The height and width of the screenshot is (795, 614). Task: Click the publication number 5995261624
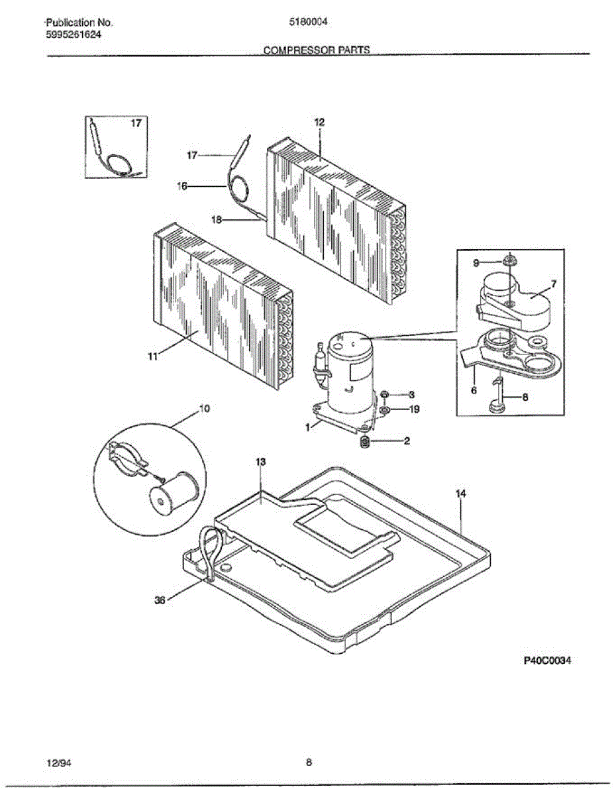point(74,34)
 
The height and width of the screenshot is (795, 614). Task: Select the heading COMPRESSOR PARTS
point(317,50)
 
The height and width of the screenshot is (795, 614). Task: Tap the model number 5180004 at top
point(309,21)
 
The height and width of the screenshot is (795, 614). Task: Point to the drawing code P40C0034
point(547,661)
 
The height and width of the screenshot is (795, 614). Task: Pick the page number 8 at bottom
point(309,763)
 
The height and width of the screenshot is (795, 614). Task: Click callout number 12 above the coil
point(319,122)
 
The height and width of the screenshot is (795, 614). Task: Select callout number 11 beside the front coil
point(152,356)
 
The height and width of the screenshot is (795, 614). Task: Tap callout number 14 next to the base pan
point(460,494)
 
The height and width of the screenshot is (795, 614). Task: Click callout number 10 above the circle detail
point(205,409)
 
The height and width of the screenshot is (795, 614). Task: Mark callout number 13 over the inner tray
point(261,461)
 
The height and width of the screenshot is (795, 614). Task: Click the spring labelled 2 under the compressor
point(364,442)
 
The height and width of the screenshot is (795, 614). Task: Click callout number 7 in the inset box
point(554,284)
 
